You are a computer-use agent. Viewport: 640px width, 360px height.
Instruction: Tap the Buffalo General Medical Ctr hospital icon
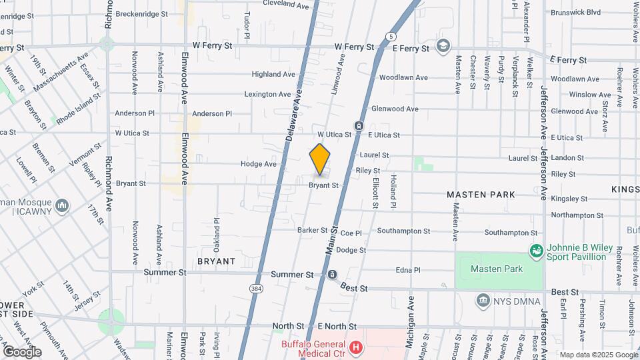(x=356, y=347)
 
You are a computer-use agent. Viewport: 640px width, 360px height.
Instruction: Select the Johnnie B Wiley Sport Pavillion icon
(x=535, y=251)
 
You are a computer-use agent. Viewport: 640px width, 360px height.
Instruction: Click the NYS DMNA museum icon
(x=483, y=301)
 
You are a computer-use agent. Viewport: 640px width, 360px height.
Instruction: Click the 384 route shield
(x=257, y=289)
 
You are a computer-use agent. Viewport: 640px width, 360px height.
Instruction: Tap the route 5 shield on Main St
(x=390, y=35)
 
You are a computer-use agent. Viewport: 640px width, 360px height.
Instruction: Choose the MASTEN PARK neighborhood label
(x=481, y=195)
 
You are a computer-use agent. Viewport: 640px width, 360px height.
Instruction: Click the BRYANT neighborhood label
(x=217, y=261)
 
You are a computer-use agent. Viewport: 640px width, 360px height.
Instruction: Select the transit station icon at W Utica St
(x=359, y=127)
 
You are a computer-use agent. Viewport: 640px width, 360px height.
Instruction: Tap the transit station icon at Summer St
(x=333, y=275)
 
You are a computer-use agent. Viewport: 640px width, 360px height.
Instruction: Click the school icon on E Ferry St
(x=443, y=46)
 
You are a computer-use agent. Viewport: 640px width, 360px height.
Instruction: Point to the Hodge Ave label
(x=258, y=164)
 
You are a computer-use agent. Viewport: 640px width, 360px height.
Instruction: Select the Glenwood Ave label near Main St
(x=395, y=109)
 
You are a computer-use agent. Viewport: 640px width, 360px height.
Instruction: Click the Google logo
(x=22, y=351)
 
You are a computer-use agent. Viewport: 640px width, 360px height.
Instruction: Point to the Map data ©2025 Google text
(x=598, y=355)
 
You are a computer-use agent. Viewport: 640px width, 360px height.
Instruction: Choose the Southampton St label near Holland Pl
(x=403, y=231)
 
